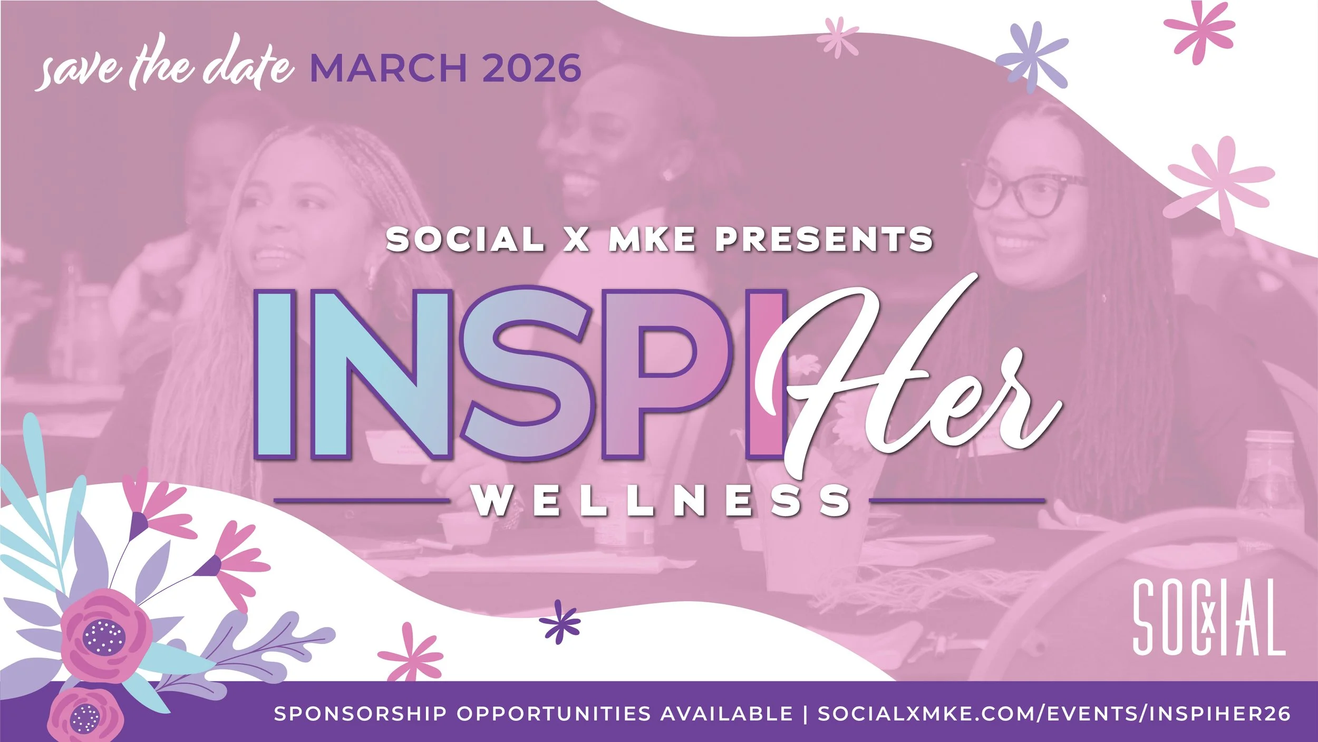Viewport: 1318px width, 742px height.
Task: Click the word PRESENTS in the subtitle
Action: click(823, 240)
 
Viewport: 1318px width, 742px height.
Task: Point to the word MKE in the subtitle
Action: click(652, 240)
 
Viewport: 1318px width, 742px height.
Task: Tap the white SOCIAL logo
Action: click(1208, 617)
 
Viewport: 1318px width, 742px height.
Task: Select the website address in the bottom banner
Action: click(1054, 714)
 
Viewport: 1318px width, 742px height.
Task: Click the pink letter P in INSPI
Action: click(667, 374)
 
